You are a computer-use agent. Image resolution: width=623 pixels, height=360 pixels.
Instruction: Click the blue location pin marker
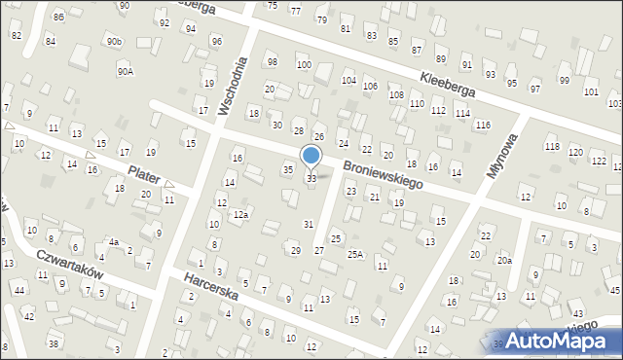point(311,157)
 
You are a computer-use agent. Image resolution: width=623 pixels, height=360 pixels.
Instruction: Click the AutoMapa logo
point(558,341)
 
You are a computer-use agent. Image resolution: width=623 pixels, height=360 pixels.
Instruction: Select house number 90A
point(126,71)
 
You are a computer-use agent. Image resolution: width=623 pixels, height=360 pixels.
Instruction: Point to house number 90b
point(115,42)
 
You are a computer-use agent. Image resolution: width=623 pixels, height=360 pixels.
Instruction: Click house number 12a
point(240,214)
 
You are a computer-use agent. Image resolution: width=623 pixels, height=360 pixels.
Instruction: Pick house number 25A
point(355,254)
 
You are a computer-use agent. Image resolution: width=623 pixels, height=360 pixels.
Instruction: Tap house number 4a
point(114,242)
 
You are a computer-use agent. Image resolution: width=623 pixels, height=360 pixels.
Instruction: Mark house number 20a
point(503,260)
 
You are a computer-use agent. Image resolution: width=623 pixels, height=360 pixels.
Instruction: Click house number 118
point(552,146)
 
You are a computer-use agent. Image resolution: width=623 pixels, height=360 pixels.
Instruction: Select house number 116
point(483,126)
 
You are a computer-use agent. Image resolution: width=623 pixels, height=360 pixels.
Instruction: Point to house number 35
point(287,170)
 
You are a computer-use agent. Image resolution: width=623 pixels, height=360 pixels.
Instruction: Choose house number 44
point(19,290)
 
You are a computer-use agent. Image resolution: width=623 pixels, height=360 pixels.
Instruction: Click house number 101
point(590,91)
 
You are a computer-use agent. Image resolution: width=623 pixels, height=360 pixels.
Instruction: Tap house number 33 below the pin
point(311,179)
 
